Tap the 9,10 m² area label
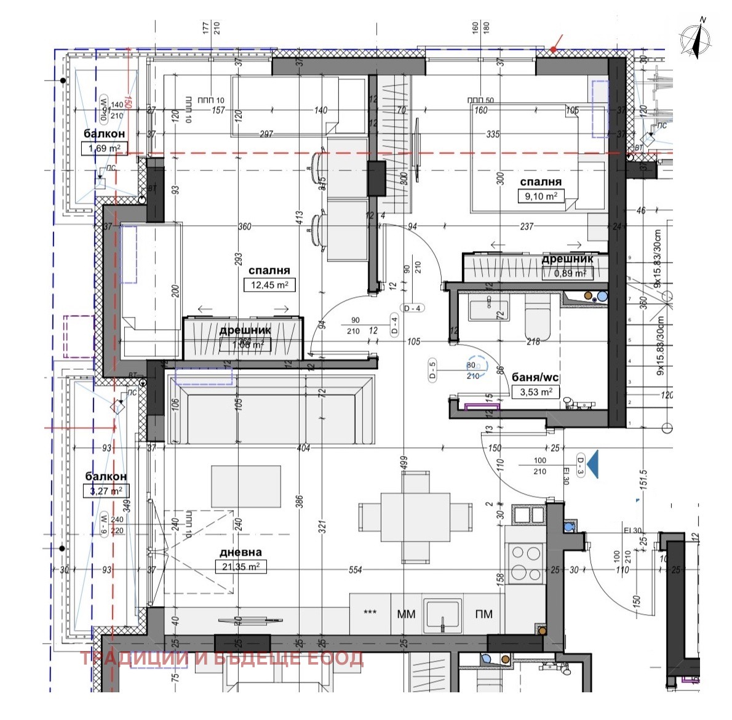point(541,196)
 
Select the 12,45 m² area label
point(269,285)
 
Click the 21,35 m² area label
point(241,567)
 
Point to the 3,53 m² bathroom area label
point(535,391)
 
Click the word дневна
point(240,553)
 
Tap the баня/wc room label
point(535,377)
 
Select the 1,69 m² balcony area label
point(105,148)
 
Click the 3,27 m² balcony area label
point(106,490)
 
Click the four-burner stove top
point(525,561)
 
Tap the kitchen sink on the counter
point(442,614)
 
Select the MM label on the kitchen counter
point(406,614)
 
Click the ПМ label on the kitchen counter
point(484,614)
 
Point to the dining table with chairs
point(415,517)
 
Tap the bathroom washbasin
point(488,310)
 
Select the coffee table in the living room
point(246,486)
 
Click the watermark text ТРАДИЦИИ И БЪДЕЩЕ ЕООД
point(222,658)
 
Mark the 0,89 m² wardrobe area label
point(567,273)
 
